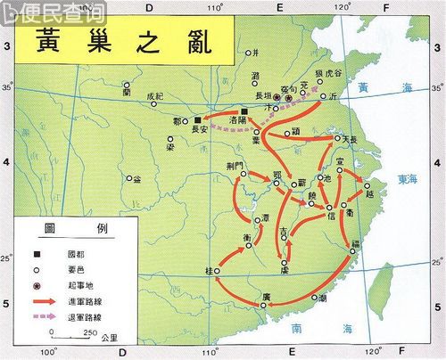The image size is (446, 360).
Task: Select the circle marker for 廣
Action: (264, 305)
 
